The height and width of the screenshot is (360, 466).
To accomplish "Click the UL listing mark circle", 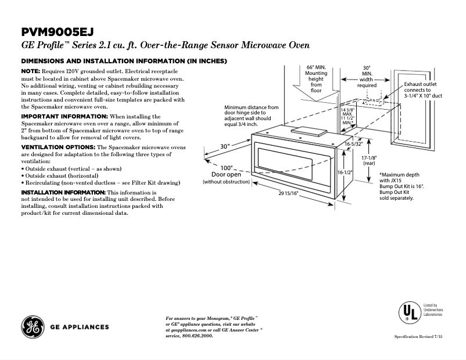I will point(408,312).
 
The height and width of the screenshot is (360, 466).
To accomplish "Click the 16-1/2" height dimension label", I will point(345,173).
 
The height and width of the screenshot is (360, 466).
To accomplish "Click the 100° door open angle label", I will point(226,168).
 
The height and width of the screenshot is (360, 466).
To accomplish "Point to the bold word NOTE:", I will point(30,70).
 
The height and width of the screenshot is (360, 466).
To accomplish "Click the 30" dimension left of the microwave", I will point(225,146).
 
